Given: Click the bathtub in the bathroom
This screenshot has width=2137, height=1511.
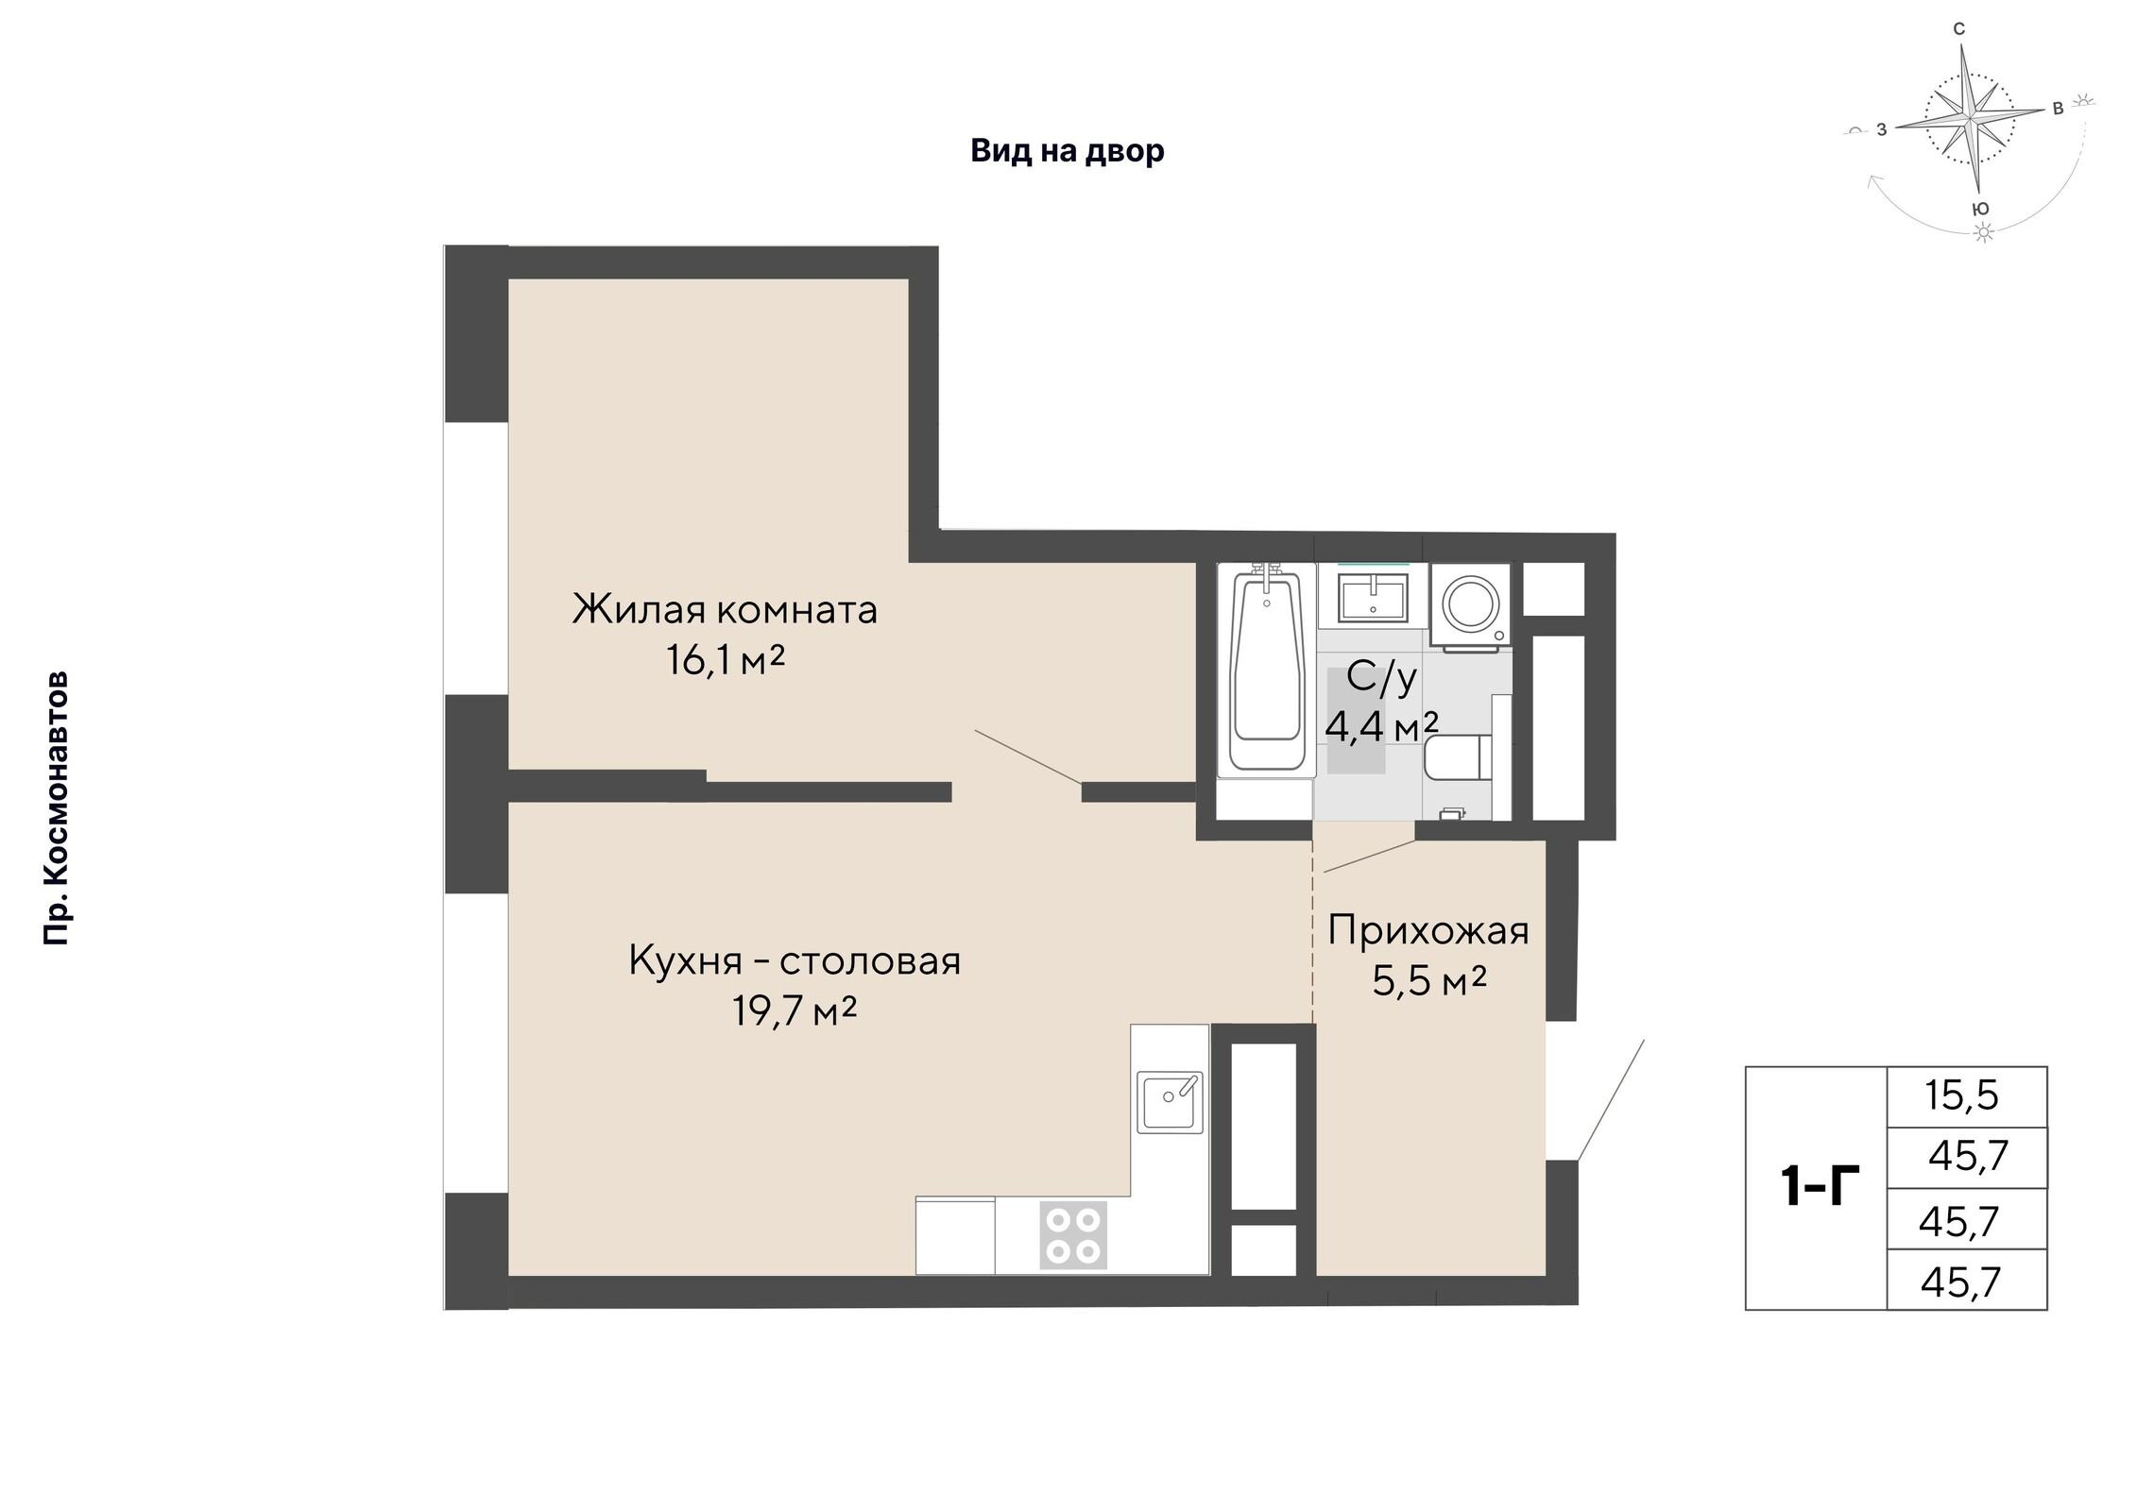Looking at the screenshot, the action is coord(1265,670).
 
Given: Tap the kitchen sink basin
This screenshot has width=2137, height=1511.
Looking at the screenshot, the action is coord(1170,1101).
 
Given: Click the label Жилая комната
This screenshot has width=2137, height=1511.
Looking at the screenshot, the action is coord(725,609).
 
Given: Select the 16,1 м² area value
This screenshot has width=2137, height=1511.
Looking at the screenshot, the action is coord(726,659).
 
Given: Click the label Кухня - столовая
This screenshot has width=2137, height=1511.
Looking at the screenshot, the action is coord(795,961).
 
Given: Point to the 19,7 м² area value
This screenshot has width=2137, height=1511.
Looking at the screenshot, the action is coord(795,1011).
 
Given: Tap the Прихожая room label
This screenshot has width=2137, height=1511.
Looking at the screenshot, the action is coord(1428,930).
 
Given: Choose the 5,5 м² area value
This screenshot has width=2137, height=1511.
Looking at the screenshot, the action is coord(1429,981).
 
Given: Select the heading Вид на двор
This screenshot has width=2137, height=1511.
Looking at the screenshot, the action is coord(1068,150).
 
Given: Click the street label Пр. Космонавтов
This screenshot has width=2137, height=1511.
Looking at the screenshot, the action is coord(57,808).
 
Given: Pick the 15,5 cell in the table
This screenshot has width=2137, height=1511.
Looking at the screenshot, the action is coord(1962,1095).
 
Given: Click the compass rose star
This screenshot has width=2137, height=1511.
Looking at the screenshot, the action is coord(1971,124).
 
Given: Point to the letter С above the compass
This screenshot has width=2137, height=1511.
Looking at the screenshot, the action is coord(1958,29).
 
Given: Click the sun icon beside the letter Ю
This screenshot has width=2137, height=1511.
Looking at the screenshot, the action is coord(1985,232).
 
